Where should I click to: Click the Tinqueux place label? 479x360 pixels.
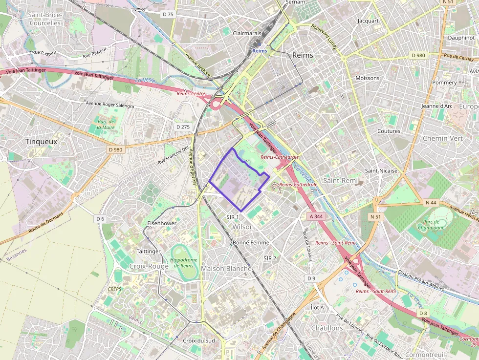42,142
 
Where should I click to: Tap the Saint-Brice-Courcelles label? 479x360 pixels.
45,19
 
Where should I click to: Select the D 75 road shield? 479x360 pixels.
168,14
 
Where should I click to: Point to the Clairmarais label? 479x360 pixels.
247,33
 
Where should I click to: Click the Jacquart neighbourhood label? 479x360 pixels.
368,21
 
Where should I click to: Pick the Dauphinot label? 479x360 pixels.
461,37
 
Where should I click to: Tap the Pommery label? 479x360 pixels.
444,83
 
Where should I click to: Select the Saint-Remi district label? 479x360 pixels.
341,181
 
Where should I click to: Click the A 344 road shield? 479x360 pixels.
316,216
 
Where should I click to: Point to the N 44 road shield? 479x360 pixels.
431,202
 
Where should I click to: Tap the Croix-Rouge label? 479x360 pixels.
149,266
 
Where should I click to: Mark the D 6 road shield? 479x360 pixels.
100,218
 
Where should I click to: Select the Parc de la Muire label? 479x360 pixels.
105,124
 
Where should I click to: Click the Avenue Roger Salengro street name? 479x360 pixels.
109,104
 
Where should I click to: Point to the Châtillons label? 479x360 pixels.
327,328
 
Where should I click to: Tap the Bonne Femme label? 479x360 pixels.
250,242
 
